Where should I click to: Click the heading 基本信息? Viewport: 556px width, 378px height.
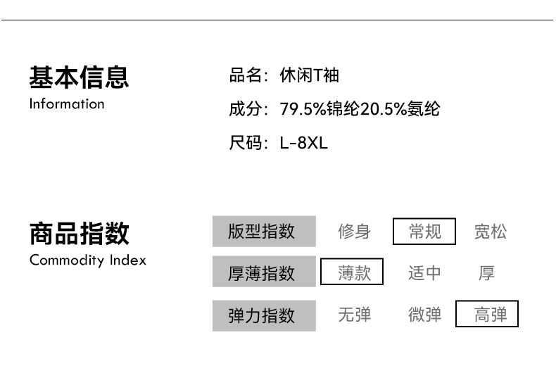pyautogui.click(x=79, y=77)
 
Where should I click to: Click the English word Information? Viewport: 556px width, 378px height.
pyautogui.click(x=67, y=104)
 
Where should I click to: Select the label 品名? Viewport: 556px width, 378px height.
pyautogui.click(x=246, y=75)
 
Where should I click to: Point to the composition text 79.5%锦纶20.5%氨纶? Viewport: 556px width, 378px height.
pyautogui.click(x=360, y=109)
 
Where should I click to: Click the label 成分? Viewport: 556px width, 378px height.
pyautogui.click(x=246, y=109)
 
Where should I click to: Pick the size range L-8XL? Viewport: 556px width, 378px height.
pyautogui.click(x=303, y=144)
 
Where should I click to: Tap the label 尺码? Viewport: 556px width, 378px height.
pyautogui.click(x=246, y=144)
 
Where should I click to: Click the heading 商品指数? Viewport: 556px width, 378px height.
pyautogui.click(x=79, y=233)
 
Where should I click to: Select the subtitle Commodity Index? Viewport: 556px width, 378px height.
pyautogui.click(x=88, y=260)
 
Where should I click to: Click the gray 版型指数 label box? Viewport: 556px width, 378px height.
pyautogui.click(x=264, y=231)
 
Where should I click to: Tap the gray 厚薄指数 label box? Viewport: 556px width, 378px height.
pyautogui.click(x=264, y=272)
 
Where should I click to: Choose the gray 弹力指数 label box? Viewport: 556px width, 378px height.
pyautogui.click(x=264, y=315)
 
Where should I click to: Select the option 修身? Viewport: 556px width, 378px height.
pyautogui.click(x=354, y=232)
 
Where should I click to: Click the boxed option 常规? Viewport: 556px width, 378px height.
pyautogui.click(x=424, y=232)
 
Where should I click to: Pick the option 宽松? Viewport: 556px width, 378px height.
pyautogui.click(x=490, y=232)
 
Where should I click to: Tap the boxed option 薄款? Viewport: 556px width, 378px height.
pyautogui.click(x=352, y=272)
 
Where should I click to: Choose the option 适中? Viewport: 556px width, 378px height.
pyautogui.click(x=424, y=272)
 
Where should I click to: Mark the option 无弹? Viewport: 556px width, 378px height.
pyautogui.click(x=354, y=315)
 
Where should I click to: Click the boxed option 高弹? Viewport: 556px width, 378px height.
pyautogui.click(x=487, y=315)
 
